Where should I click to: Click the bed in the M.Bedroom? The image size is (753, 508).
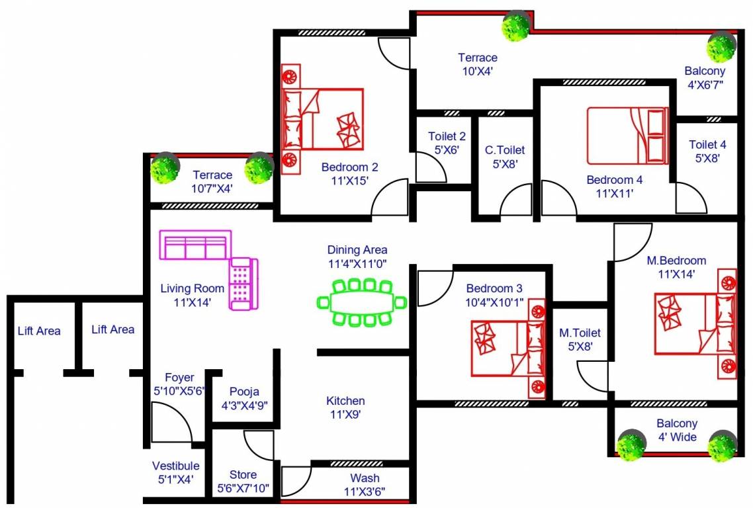click(x=695, y=324)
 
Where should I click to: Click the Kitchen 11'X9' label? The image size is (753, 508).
click(x=345, y=407)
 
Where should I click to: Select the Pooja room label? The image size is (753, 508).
click(x=245, y=398)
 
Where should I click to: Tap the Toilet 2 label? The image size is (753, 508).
click(x=447, y=143)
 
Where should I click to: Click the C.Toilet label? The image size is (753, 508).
click(x=505, y=156)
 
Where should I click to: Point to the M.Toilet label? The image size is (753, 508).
click(x=580, y=339)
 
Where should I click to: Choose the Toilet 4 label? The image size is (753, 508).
click(x=707, y=151)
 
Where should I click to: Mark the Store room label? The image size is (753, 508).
click(x=244, y=482)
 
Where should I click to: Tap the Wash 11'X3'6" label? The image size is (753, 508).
click(x=365, y=485)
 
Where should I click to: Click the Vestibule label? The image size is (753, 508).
click(x=175, y=472)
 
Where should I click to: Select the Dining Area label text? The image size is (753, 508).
click(x=357, y=256)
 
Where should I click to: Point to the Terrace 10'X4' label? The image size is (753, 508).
click(x=477, y=64)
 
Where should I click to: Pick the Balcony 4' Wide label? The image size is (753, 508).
click(x=677, y=430)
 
